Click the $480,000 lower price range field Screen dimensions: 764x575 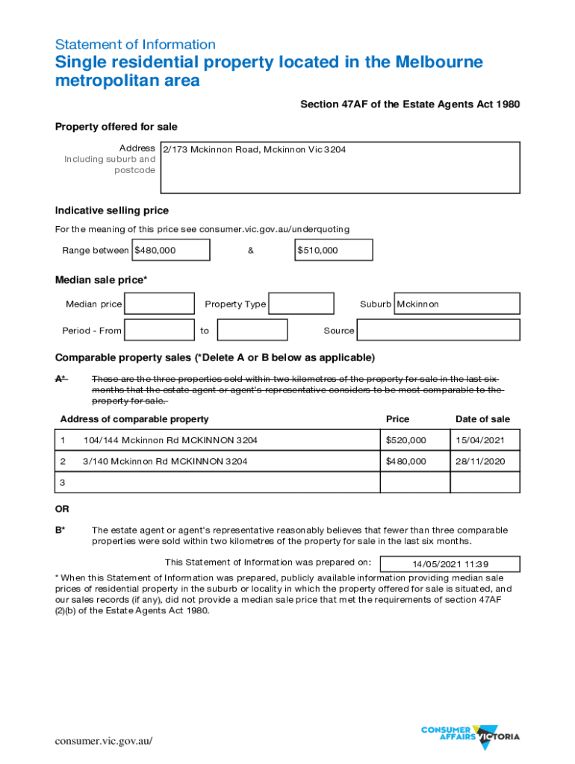pyautogui.click(x=170, y=250)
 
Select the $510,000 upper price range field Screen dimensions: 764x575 pyautogui.click(x=333, y=250)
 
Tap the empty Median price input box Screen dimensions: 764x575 pyautogui.click(x=159, y=304)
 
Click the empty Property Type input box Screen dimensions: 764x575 pyautogui.click(x=301, y=304)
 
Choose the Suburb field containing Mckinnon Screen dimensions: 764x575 pyautogui.click(x=456, y=304)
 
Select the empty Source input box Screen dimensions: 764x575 pyautogui.click(x=438, y=330)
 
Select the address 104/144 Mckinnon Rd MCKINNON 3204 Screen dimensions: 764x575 pyautogui.click(x=171, y=440)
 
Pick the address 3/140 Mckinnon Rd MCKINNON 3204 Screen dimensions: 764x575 pyautogui.click(x=165, y=462)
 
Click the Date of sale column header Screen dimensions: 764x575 pyautogui.click(x=482, y=419)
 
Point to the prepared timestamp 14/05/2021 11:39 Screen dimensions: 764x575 pyautogui.click(x=450, y=564)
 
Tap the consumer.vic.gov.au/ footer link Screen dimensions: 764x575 pyautogui.click(x=104, y=741)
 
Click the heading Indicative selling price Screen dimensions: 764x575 pyautogui.click(x=112, y=210)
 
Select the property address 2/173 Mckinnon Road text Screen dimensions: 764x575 pyautogui.click(x=255, y=150)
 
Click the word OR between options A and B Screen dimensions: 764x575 pyautogui.click(x=62, y=509)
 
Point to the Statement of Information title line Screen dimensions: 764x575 pyautogui.click(x=135, y=45)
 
